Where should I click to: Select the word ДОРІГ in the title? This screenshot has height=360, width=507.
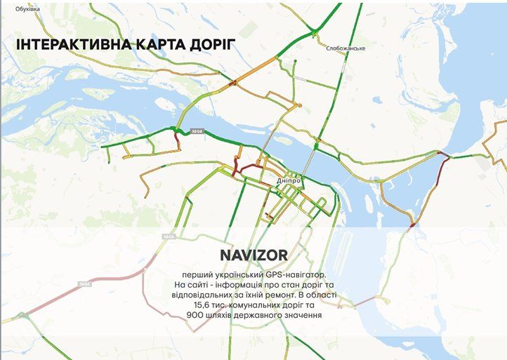click(208, 46)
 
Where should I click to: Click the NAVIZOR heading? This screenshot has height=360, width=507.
click(254, 254)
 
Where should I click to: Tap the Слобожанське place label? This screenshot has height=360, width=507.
click(347, 48)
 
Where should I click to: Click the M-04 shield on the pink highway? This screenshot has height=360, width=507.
click(85, 284)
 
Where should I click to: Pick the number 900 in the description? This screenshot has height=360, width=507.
click(196, 316)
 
